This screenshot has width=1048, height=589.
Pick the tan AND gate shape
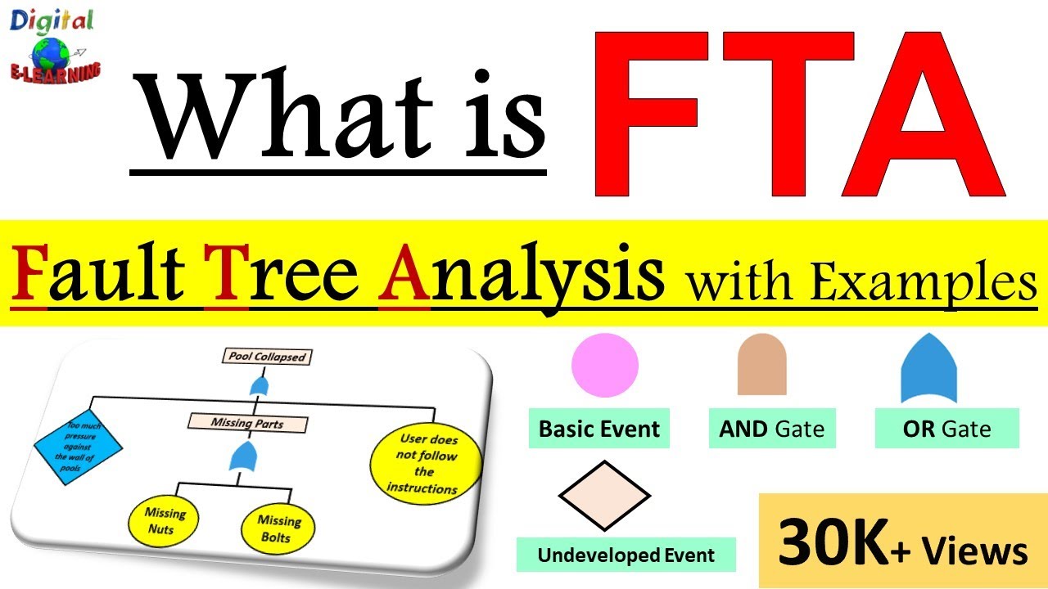pyautogui.click(x=761, y=366)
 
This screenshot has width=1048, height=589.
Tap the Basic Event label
pyautogui.click(x=599, y=429)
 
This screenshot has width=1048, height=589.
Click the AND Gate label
pyautogui.click(x=772, y=429)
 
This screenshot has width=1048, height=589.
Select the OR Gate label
pyautogui.click(x=946, y=429)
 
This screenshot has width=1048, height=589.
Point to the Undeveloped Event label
pyautogui.click(x=626, y=555)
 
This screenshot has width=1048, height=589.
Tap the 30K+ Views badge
pyautogui.click(x=902, y=541)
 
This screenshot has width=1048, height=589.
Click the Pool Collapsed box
pyautogui.click(x=267, y=357)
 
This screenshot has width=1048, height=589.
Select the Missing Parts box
pyautogui.click(x=248, y=423)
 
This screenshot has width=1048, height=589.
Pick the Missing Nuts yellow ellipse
pyautogui.click(x=165, y=521)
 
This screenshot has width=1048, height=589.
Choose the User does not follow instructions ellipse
pyautogui.click(x=423, y=464)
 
